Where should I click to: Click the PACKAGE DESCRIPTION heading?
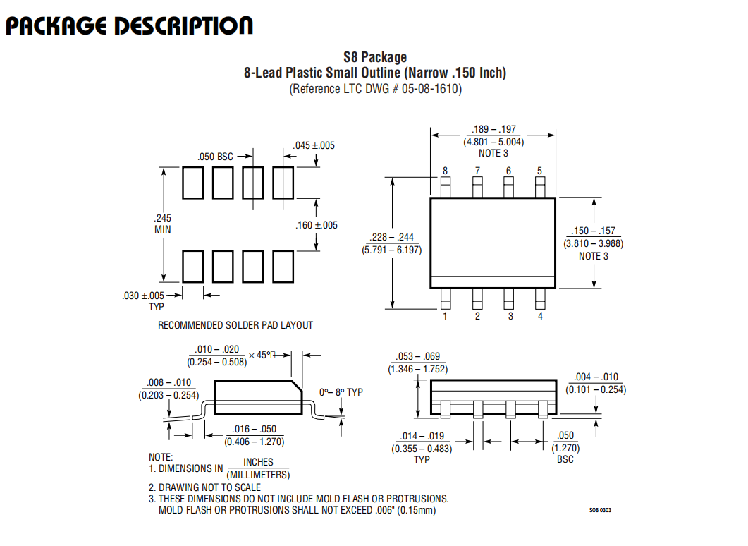click(129, 26)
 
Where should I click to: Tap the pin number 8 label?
click(445, 171)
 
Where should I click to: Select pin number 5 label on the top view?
click(539, 171)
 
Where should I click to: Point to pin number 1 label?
click(445, 316)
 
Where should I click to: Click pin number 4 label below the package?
click(540, 316)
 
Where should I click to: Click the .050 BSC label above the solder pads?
click(215, 157)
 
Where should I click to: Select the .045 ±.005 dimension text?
click(314, 145)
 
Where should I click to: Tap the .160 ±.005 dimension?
click(317, 225)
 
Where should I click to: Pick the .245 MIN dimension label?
click(162, 224)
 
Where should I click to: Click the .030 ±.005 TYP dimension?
click(143, 301)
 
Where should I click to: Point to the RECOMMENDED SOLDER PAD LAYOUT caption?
click(235, 325)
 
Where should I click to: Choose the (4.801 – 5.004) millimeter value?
click(493, 142)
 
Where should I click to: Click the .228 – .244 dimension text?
click(392, 237)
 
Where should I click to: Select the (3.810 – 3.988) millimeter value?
click(594, 243)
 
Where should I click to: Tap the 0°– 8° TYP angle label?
click(341, 392)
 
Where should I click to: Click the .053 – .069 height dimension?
click(418, 356)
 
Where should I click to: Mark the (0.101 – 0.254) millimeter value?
click(596, 389)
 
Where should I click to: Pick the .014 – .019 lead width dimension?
click(422, 436)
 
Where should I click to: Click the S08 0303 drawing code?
click(600, 510)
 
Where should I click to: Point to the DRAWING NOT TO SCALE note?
click(204, 487)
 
